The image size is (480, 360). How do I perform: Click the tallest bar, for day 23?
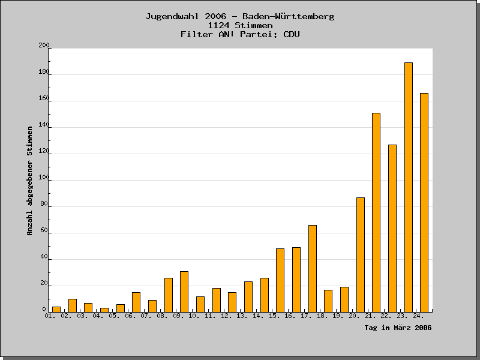(x=409, y=187)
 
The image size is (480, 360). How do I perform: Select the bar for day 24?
(x=424, y=203)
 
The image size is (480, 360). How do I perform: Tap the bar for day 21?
(x=376, y=212)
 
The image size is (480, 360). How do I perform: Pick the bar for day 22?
(x=392, y=229)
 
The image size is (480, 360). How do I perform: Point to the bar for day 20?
(x=361, y=255)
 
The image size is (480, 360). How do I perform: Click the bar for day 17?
(x=313, y=269)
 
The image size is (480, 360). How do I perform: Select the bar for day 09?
(x=184, y=292)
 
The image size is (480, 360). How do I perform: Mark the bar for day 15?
(x=280, y=280)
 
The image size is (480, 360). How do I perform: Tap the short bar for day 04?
(x=104, y=310)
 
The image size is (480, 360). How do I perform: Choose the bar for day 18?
(x=328, y=301)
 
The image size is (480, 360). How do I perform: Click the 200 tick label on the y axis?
(x=44, y=46)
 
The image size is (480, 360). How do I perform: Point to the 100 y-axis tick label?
(x=44, y=178)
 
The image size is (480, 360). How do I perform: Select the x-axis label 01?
(x=50, y=316)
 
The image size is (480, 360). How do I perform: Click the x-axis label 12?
(x=226, y=316)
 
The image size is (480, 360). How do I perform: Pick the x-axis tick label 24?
(x=418, y=316)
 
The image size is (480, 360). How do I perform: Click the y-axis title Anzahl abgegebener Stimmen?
(x=30, y=180)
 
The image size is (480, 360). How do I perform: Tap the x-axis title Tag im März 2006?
(x=398, y=328)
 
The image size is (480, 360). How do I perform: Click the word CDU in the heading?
(x=291, y=35)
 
